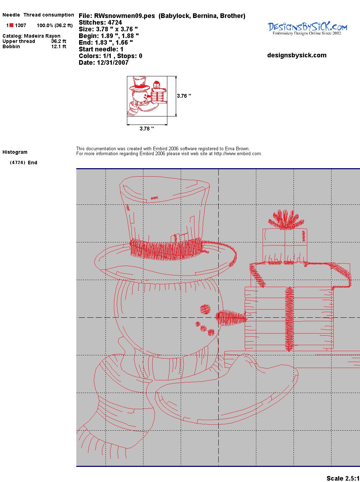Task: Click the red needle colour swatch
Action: click(11, 25)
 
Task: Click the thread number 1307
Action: click(21, 25)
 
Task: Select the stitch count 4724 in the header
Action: click(115, 23)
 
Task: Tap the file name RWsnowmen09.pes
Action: click(124, 16)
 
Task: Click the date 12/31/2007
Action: click(112, 63)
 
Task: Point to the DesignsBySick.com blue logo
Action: click(307, 28)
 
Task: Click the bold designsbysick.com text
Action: click(297, 55)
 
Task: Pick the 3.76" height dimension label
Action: click(184, 96)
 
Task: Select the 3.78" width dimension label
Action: click(147, 128)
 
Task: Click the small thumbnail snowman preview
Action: click(147, 96)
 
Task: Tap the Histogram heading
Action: click(15, 152)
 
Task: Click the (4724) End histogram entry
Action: click(24, 163)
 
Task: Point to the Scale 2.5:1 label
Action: click(343, 478)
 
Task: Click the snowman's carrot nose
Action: click(231, 317)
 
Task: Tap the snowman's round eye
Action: click(205, 309)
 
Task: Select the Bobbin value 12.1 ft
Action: click(59, 46)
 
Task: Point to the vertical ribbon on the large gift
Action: click(289, 319)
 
